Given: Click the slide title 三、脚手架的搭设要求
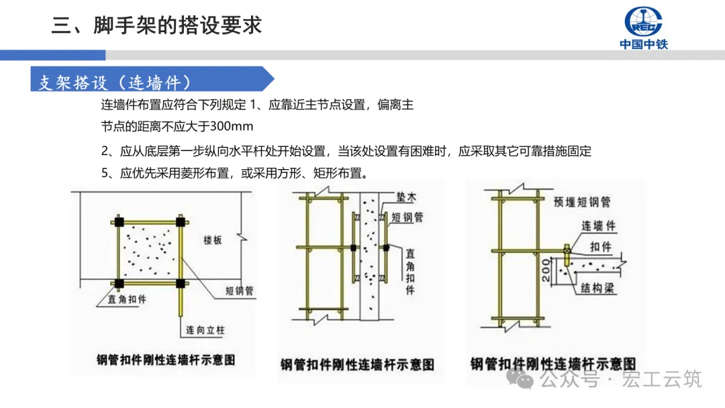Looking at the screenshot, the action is point(156,25).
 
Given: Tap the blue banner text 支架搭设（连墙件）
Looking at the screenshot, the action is point(115,83).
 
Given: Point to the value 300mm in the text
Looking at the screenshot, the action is point(232,126).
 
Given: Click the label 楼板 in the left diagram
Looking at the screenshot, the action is point(213,240).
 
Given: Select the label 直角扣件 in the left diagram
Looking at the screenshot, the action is point(128,299).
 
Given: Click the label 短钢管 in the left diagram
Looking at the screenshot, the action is point(238,291).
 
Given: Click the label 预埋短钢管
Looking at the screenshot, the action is point(582,201).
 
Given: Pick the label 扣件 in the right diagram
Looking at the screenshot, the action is point(601,247).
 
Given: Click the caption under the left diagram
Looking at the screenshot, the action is point(166,360).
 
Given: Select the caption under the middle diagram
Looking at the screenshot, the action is point(357,364).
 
